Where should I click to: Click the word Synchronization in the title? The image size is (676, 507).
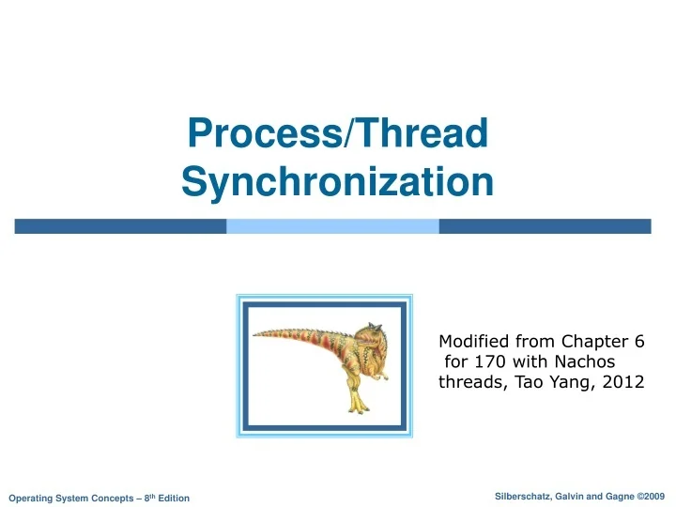pos(337,181)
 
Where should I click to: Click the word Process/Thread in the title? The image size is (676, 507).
pos(338,133)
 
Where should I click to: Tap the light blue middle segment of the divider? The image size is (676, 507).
pos(332,226)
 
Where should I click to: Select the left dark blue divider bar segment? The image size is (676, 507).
pos(120,226)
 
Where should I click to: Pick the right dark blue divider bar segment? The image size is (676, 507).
pos(545,226)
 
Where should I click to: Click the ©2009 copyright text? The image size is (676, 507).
pos(649,495)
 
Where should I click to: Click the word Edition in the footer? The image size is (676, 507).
pos(173,497)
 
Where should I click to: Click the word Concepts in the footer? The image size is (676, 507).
pos(110,497)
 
